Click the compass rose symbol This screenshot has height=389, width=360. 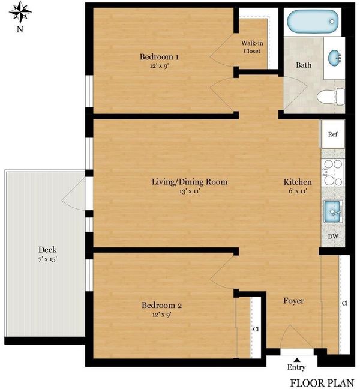pyautogui.click(x=20, y=12)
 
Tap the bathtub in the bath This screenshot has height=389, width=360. pyautogui.click(x=313, y=22)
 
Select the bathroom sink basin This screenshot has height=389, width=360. pyautogui.click(x=334, y=58)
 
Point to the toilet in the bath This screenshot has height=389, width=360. pyautogui.click(x=331, y=97)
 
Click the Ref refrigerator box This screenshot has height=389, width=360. pyautogui.click(x=333, y=134)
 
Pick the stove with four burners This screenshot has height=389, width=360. pyautogui.click(x=332, y=172)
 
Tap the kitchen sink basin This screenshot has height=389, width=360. pyautogui.click(x=333, y=211)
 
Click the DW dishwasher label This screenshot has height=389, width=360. pyautogui.click(x=333, y=236)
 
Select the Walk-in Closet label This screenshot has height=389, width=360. pyautogui.click(x=252, y=47)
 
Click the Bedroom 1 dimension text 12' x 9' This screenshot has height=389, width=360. pyautogui.click(x=159, y=66)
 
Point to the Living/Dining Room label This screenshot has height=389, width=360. pyautogui.click(x=190, y=182)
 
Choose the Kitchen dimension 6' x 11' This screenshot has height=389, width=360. pyautogui.click(x=298, y=191)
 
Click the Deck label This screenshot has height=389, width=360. pyautogui.click(x=47, y=249)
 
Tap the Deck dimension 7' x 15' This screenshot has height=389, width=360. pyautogui.click(x=47, y=259)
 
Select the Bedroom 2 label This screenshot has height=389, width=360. pyautogui.click(x=161, y=305)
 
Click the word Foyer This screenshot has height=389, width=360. pyautogui.click(x=293, y=301)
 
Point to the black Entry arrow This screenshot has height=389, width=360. pyautogui.click(x=296, y=360)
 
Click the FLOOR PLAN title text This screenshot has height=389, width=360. pyautogui.click(x=322, y=383)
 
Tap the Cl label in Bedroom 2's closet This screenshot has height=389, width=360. pyautogui.click(x=256, y=329)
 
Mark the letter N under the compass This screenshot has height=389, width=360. pyautogui.click(x=20, y=29)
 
